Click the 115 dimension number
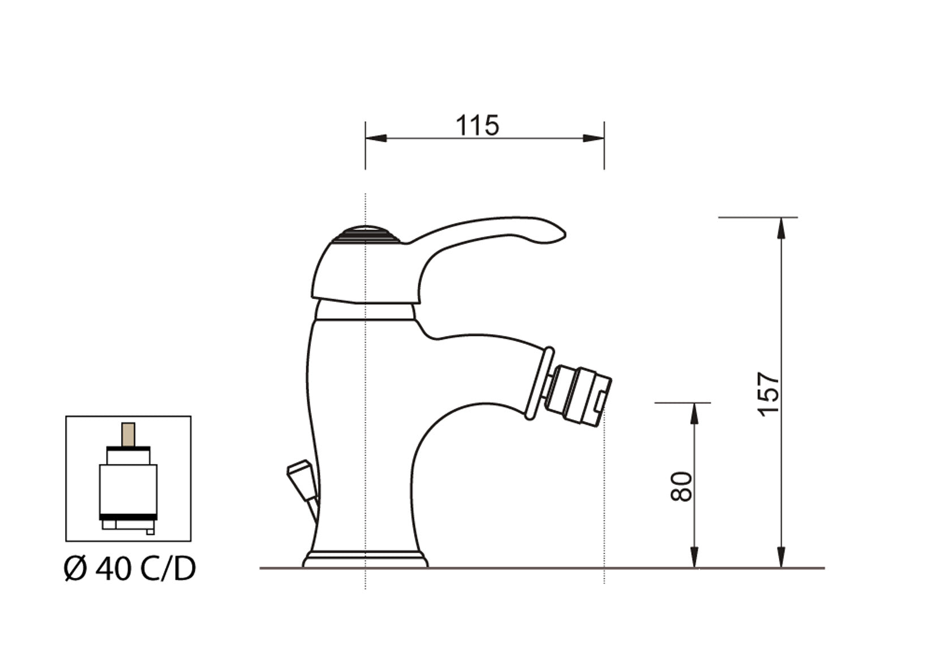point(477,126)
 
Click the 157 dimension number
point(769,393)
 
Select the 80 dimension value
point(682,486)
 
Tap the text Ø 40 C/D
point(130,568)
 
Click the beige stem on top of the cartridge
point(128,434)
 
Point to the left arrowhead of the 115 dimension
point(375,138)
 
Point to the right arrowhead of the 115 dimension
point(594,138)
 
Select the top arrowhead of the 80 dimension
point(695,413)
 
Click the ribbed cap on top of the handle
point(366,234)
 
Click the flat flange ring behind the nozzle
point(538,383)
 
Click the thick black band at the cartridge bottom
point(128,517)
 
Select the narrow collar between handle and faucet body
point(365,311)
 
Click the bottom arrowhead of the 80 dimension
point(695,557)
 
